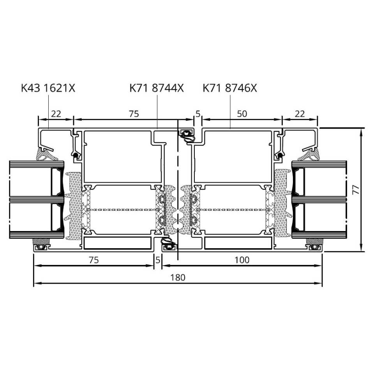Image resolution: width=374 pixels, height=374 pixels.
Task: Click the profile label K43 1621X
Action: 48,88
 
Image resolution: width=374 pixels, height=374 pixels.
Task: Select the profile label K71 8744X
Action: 157,88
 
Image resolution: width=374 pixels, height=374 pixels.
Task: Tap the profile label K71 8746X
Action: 230,88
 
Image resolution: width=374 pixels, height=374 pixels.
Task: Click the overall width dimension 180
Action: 178,277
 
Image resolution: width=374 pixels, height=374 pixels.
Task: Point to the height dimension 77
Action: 356,190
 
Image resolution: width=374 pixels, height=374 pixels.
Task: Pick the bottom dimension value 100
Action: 242,260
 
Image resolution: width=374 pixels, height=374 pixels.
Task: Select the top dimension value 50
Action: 242,114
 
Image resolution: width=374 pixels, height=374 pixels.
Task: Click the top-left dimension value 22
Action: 56,114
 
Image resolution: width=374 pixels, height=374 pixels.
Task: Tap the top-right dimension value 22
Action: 300,114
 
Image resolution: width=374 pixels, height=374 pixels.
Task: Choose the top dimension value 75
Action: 134,114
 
